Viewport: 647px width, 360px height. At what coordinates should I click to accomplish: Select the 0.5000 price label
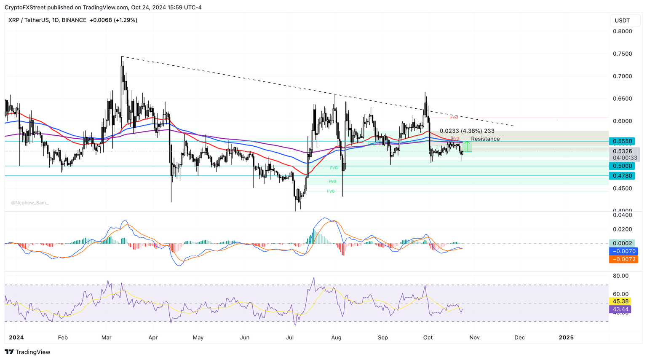(x=623, y=166)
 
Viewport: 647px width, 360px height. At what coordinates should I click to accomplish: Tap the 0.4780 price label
(x=623, y=176)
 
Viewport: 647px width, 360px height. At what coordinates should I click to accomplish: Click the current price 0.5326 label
(x=623, y=151)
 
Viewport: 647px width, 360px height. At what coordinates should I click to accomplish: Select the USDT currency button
(x=622, y=20)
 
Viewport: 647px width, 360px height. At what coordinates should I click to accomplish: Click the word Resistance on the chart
(x=485, y=139)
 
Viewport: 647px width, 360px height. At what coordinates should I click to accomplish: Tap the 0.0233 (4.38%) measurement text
(x=467, y=131)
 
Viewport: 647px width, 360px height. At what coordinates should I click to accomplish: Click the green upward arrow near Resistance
(x=467, y=146)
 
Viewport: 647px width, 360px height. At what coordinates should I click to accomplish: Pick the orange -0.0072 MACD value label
(x=623, y=259)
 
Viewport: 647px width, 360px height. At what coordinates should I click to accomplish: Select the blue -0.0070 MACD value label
(x=623, y=251)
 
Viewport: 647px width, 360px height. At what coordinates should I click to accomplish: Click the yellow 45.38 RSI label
(x=620, y=301)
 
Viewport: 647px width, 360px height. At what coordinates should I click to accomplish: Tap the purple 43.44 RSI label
(x=620, y=309)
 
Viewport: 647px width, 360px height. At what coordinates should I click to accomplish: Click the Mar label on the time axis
(x=107, y=337)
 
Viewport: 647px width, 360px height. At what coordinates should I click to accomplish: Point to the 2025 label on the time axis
(x=566, y=337)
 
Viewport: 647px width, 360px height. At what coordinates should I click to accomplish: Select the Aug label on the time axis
(x=336, y=337)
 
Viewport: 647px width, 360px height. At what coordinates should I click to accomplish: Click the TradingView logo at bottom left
(x=28, y=352)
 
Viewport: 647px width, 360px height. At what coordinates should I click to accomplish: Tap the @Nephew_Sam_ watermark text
(x=30, y=203)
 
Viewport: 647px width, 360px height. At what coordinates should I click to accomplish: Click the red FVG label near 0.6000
(x=454, y=118)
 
